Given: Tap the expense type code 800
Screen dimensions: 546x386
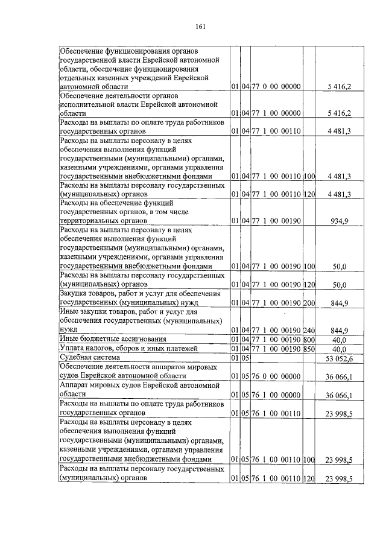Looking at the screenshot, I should tap(309, 340).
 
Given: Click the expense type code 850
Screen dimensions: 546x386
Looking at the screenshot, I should tap(309, 349).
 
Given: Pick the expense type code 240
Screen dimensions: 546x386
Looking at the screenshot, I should tap(309, 330).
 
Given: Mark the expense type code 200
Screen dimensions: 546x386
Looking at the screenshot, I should tap(309, 304).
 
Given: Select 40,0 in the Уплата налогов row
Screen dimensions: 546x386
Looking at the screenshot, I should tap(342, 349).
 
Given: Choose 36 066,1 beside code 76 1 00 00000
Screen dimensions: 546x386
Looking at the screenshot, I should tap(339, 396).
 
